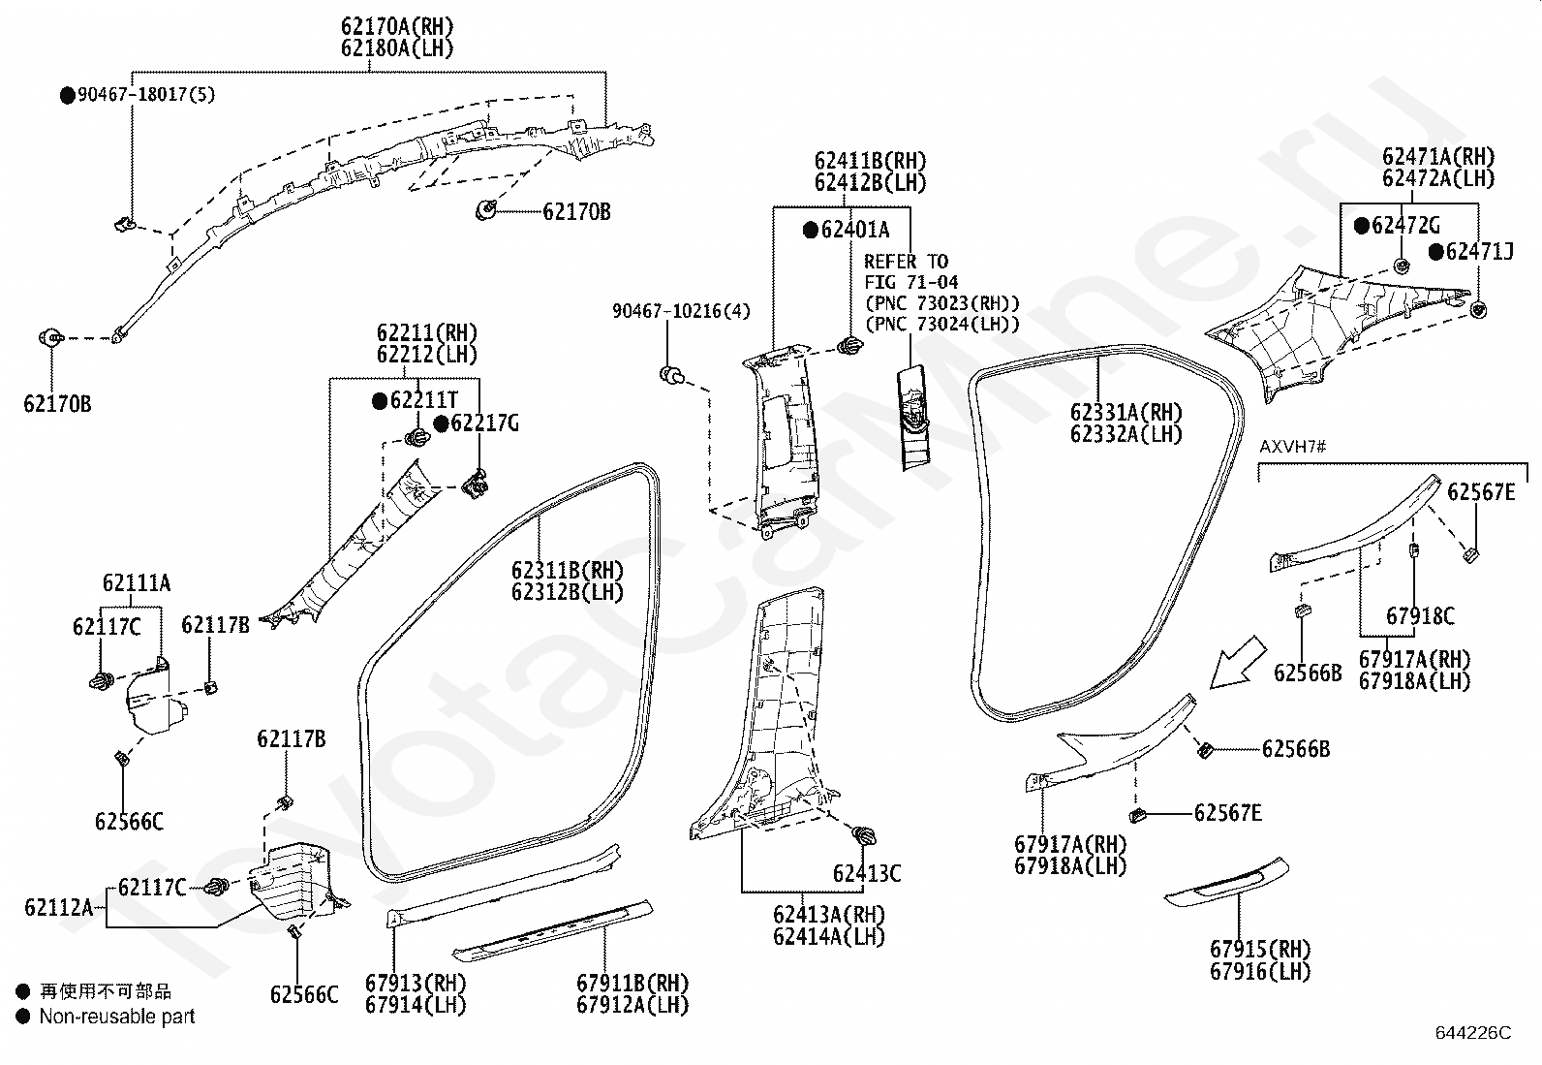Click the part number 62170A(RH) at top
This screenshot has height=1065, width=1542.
click(x=397, y=27)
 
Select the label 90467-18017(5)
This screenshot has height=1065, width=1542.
click(x=146, y=94)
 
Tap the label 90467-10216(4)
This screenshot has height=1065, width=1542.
click(x=681, y=311)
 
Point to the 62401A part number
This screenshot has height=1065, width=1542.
click(x=855, y=230)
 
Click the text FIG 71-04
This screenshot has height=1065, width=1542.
click(x=910, y=282)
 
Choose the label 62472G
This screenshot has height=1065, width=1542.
click(x=1405, y=225)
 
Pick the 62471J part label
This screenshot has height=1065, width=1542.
click(x=1479, y=251)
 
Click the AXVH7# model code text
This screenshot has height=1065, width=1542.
click(x=1292, y=447)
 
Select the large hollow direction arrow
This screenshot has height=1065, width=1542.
click(x=1237, y=663)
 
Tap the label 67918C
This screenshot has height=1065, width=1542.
click(x=1420, y=616)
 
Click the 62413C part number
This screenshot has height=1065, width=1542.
click(x=867, y=873)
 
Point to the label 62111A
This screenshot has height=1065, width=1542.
click(x=137, y=582)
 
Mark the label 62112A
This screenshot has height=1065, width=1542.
click(x=58, y=907)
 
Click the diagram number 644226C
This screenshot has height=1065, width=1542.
click(x=1473, y=1033)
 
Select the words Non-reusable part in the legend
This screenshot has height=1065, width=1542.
click(x=117, y=1017)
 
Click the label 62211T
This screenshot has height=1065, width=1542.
click(x=423, y=400)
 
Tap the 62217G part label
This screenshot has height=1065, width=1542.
click(x=484, y=423)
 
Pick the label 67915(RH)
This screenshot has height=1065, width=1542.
click(x=1260, y=950)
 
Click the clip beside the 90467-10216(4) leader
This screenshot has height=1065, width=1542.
click(x=671, y=375)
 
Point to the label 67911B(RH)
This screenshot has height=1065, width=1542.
click(x=632, y=983)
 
